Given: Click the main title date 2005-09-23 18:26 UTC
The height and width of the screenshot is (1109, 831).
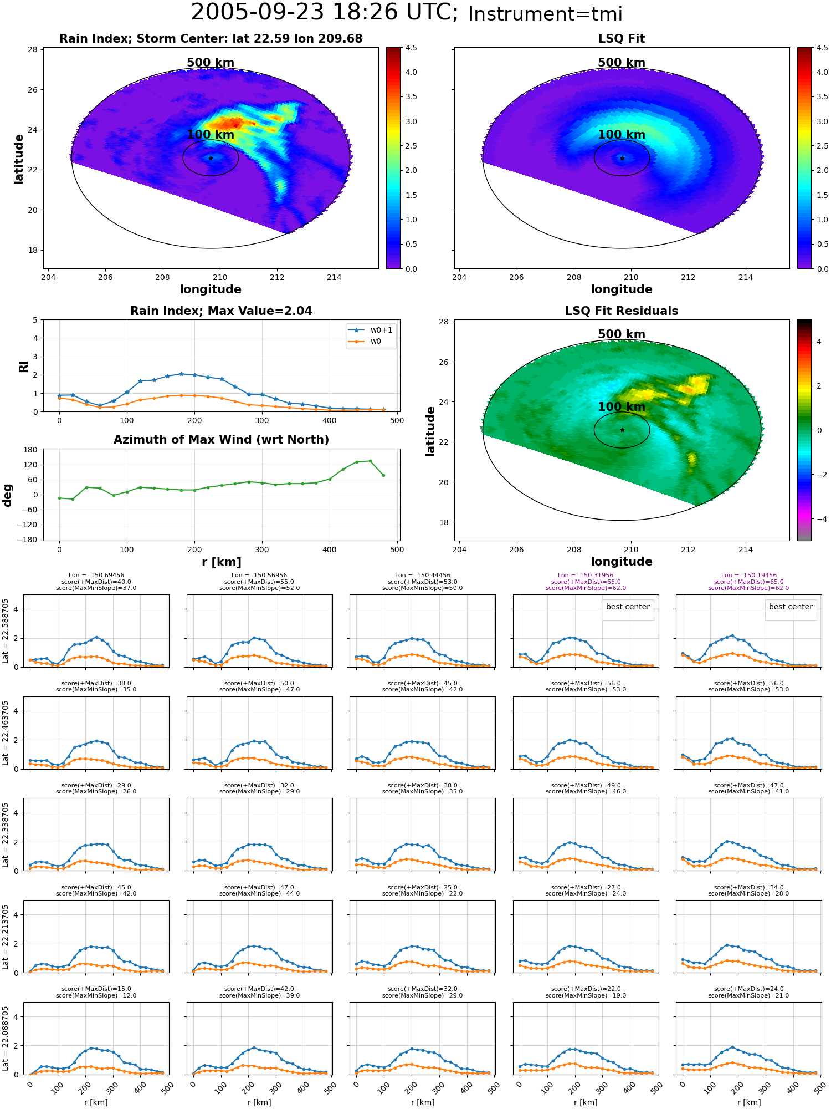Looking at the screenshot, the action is coord(325,13).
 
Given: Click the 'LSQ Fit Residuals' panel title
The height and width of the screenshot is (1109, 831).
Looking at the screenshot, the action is coord(622,311).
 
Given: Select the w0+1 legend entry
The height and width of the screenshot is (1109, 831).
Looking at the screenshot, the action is coord(371,330).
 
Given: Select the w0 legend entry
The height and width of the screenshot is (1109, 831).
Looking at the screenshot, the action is coord(366,342).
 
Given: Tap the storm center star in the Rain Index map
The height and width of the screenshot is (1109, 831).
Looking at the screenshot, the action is coord(211,158).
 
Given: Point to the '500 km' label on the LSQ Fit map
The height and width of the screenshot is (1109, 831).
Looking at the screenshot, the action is coord(622,63).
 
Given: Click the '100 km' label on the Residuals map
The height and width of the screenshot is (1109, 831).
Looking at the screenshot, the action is coord(622,406).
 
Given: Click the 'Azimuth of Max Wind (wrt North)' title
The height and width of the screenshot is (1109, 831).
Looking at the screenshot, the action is coord(221,440).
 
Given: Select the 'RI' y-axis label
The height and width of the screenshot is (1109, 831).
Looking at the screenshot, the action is coord(23,366).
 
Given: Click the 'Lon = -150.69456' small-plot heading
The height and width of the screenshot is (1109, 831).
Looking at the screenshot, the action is coord(96,576).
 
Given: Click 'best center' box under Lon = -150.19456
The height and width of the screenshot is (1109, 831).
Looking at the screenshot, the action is coord(791,607).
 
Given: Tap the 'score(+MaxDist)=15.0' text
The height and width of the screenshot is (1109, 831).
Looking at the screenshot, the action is coord(96,989).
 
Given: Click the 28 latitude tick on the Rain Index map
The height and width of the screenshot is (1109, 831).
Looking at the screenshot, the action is coord(32,50).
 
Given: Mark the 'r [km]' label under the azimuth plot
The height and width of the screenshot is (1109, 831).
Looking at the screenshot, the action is coord(221,562).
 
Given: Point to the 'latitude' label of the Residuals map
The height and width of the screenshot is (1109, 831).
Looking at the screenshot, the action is coord(430,431).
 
